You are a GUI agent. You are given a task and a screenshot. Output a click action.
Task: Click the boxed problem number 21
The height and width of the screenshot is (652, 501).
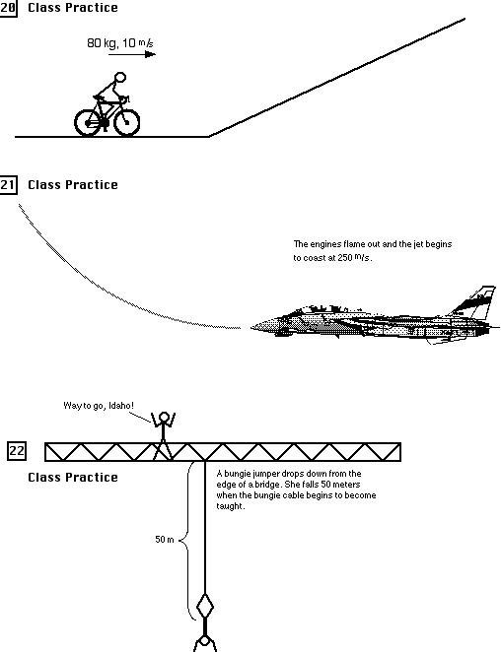(8, 184)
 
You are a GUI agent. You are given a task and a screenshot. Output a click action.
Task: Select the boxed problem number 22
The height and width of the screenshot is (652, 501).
(17, 452)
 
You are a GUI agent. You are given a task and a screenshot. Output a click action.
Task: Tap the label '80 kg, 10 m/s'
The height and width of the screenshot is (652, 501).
(114, 43)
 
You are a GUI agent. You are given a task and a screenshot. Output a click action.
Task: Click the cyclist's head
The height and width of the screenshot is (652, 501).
(120, 78)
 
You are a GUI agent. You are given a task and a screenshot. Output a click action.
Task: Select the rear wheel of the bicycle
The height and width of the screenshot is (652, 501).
(90, 121)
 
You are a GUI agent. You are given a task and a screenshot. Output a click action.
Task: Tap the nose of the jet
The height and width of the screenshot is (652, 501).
(255, 324)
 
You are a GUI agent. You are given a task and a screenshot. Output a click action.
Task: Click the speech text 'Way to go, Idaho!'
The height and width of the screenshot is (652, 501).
(97, 406)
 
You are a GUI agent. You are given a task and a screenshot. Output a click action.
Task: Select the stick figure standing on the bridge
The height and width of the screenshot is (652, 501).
(163, 434)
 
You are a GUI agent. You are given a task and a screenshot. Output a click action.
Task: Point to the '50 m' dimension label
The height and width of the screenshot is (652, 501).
(165, 540)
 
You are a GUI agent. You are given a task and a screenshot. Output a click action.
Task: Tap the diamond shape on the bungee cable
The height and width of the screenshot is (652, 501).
(204, 605)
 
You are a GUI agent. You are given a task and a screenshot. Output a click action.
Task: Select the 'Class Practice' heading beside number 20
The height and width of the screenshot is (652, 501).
(72, 8)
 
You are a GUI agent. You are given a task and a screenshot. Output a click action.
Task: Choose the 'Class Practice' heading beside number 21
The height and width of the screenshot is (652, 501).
(72, 185)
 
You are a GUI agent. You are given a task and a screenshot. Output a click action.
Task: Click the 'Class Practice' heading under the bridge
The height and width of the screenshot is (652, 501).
(72, 478)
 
